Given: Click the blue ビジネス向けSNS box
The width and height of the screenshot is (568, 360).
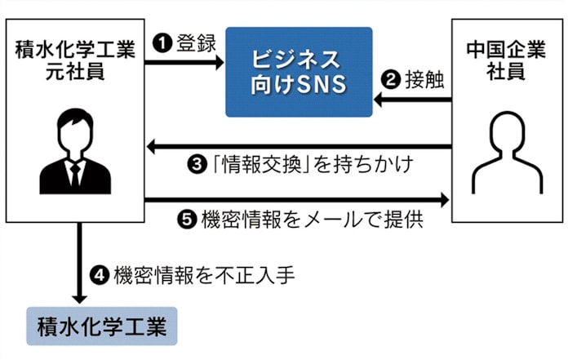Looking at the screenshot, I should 299,72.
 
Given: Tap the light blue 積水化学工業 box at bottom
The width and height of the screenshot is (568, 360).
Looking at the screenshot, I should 101,327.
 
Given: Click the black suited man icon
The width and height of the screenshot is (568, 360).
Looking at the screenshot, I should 75,155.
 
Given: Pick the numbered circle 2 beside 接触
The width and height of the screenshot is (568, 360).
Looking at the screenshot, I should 392,81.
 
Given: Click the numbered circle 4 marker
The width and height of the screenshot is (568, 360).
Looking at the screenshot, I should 101,275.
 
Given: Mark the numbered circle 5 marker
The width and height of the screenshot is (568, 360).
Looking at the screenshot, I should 185,220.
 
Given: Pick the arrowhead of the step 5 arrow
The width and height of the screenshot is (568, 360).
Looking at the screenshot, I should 445,200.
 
